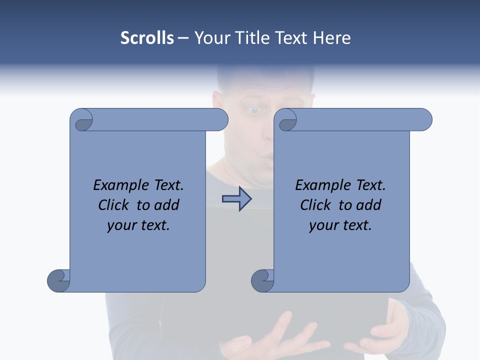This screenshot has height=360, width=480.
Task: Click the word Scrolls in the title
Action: [147, 38]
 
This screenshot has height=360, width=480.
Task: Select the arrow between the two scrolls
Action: [236, 199]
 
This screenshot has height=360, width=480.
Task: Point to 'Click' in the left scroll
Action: [114, 205]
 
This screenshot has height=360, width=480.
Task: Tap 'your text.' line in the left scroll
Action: [138, 225]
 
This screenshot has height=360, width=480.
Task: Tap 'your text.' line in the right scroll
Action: [340, 225]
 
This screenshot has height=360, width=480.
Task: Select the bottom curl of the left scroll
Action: [58, 280]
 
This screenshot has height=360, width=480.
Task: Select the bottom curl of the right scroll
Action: [262, 280]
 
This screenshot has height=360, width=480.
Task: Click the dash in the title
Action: [183, 38]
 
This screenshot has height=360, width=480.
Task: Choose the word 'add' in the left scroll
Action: [166, 205]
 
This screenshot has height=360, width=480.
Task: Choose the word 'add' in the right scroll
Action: [368, 205]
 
